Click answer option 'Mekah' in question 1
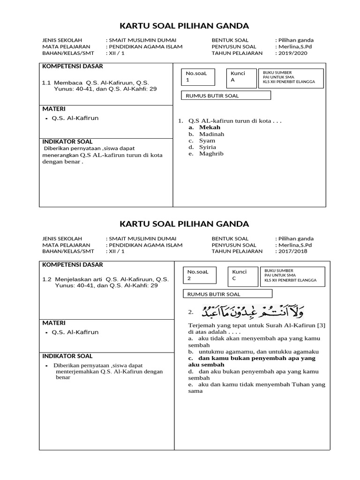pos(209,127)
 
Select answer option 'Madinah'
pos(211,134)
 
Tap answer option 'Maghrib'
pos(211,154)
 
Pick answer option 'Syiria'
pos(207,147)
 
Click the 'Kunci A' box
pos(242,77)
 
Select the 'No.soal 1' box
pos(199,77)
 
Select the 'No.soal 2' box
pos(201,276)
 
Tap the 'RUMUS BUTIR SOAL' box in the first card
pos(226,96)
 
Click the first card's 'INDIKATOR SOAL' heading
pos(67,142)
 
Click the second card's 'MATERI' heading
pos(54,323)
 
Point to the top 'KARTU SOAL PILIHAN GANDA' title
pos(184,25)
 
